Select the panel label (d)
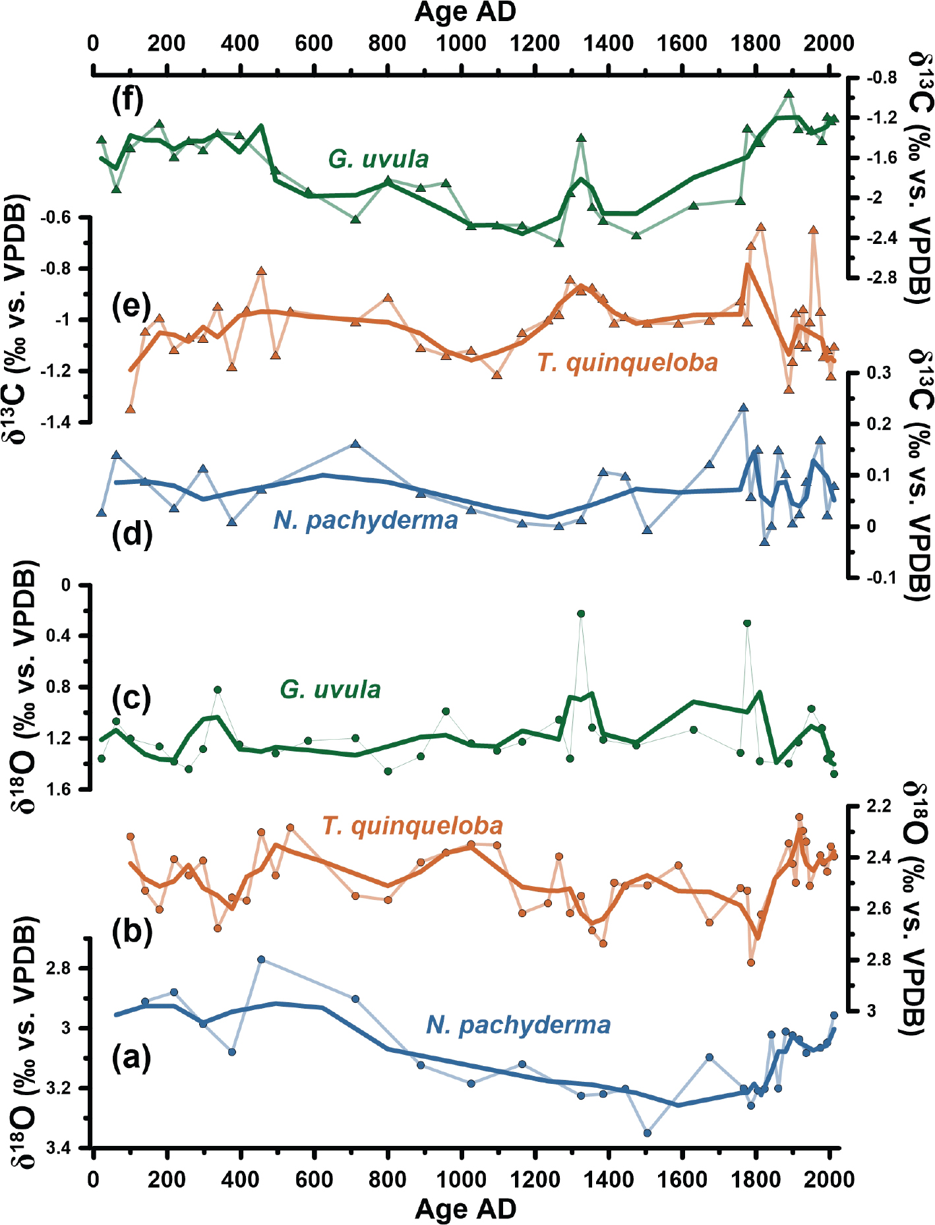(x=132, y=533)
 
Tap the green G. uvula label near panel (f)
(x=378, y=159)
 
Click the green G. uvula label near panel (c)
(x=330, y=690)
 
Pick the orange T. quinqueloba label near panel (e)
(x=626, y=363)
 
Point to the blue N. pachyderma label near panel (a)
(x=518, y=1025)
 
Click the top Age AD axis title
(x=465, y=12)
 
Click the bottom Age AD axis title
(x=465, y=1209)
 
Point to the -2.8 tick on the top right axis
(x=881, y=278)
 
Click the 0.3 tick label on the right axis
(x=878, y=373)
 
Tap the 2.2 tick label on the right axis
(x=878, y=806)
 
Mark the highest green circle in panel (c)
(x=581, y=614)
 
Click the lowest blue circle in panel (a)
(x=648, y=1133)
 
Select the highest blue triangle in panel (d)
(x=744, y=407)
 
